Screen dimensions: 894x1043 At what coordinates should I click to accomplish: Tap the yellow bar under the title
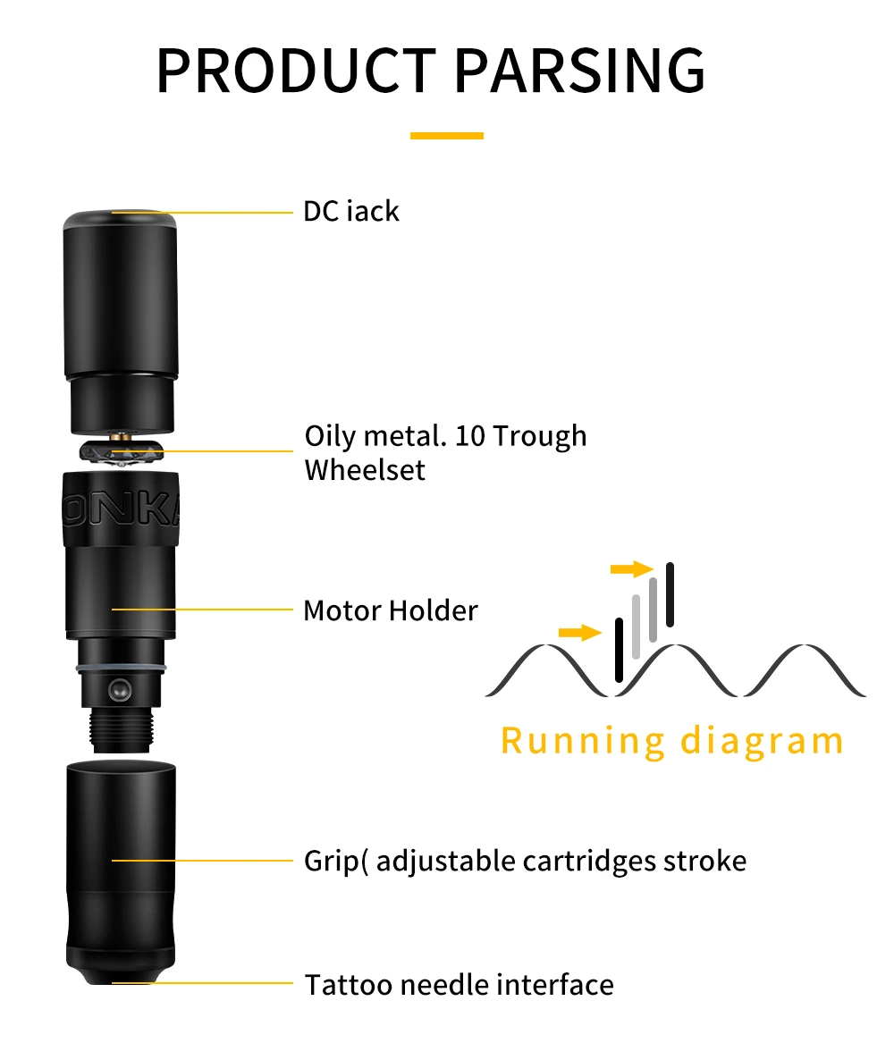pos(446,136)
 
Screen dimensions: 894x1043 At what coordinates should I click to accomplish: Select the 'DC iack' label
pos(351,212)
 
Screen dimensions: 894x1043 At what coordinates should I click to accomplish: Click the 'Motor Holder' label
pos(391,610)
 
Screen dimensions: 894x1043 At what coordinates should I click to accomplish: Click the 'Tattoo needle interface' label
pos(459,984)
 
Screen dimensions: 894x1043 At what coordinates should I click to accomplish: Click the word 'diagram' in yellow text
pos(762,741)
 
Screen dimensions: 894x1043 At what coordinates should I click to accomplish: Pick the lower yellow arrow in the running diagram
pos(579,633)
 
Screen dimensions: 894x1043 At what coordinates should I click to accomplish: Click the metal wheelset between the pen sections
pos(121,450)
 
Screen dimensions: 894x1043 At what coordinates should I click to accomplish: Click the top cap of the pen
pos(120,218)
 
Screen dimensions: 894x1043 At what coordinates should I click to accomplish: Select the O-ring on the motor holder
pos(121,669)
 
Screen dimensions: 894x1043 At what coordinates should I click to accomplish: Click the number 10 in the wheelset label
pos(468,436)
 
